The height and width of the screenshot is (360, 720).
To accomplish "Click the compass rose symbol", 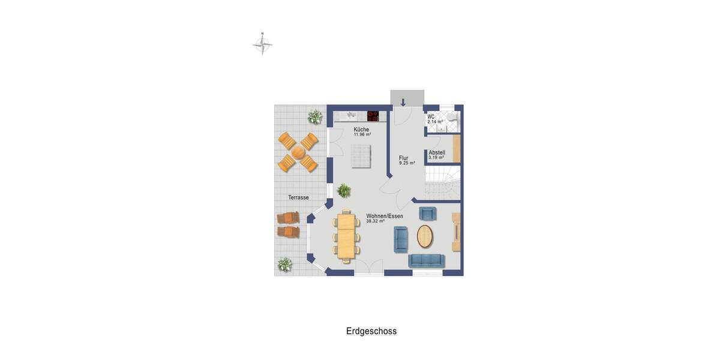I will (262, 44).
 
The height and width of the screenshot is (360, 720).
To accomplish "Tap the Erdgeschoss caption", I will (371, 331).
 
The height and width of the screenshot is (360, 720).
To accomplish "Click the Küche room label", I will (361, 130).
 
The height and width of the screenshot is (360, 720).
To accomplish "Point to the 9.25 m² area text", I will (407, 163).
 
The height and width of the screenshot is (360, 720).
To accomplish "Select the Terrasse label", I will (298, 197).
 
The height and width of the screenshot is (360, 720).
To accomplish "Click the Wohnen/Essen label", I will (385, 216).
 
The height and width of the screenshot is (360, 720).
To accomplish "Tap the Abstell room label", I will (437, 153).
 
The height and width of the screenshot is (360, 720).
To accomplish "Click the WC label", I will (431, 116).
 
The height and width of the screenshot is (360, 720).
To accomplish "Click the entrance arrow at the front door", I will (403, 101).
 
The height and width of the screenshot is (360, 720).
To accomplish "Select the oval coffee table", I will (425, 236).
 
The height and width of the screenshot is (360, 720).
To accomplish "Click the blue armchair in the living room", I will (427, 213).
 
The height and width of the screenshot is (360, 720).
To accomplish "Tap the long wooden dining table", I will (346, 236).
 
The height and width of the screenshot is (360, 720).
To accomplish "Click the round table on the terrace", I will (298, 152).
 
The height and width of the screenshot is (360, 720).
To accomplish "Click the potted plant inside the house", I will (344, 191).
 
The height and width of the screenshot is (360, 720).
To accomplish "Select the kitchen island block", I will (361, 156).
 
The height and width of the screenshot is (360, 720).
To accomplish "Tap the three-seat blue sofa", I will (426, 260).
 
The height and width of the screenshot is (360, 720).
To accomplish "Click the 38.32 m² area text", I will (375, 221).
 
